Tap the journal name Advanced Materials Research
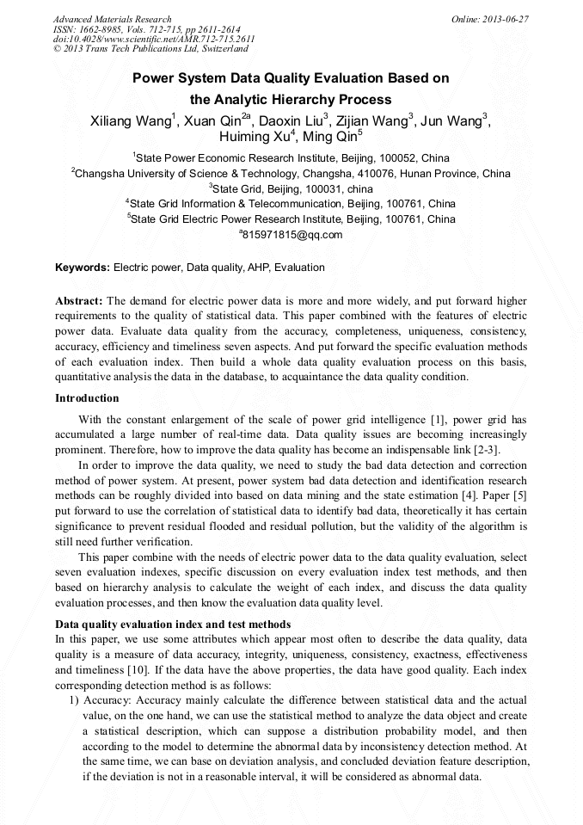pyautogui.click(x=112, y=19)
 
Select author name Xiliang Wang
pyautogui.click(x=131, y=121)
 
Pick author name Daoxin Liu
pyautogui.click(x=291, y=121)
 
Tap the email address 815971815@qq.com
pyautogui.click(x=292, y=235)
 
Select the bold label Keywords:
pyautogui.click(x=83, y=268)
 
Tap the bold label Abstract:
pyautogui.click(x=79, y=301)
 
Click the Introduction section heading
pyautogui.click(x=87, y=398)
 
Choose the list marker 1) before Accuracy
pyautogui.click(x=73, y=701)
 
